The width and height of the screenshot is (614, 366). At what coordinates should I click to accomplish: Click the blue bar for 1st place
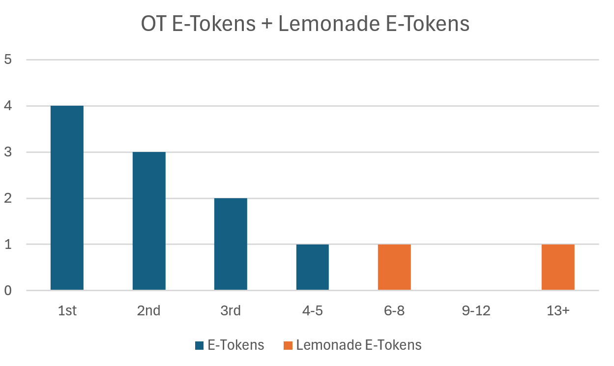pos(67,198)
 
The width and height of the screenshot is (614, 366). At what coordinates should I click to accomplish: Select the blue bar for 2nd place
pos(149,221)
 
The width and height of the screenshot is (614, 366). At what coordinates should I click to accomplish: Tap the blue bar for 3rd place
pos(231,244)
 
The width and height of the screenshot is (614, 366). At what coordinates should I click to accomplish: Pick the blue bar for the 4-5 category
pos(312,267)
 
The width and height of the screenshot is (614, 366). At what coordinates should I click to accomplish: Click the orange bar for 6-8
pos(394,267)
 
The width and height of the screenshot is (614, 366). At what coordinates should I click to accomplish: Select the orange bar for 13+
pos(558,267)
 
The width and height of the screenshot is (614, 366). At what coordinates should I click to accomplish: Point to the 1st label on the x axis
pos(67,311)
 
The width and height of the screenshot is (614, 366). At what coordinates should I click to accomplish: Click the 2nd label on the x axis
pos(149,311)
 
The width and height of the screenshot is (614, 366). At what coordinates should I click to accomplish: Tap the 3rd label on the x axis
pos(231,311)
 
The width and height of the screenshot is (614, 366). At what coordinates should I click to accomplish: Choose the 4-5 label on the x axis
pos(312,311)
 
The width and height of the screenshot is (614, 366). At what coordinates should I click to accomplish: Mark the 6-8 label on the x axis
pos(394,311)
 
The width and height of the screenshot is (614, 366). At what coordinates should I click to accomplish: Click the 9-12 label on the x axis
pos(476,311)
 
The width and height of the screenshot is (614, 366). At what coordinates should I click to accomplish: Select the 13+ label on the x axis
pos(558,311)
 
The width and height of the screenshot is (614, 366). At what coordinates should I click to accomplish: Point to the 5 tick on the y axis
pos(7,60)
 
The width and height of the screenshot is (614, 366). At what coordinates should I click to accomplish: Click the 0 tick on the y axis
pos(7,291)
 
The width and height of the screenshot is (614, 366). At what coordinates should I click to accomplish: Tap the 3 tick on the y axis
pos(7,152)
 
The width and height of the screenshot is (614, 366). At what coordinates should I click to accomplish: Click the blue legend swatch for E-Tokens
pos(199,345)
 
